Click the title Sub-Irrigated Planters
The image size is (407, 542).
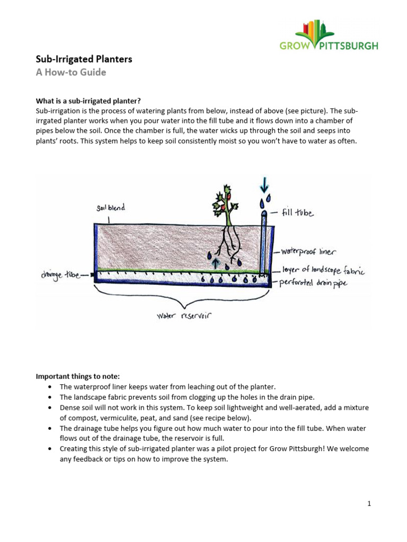click(x=84, y=59)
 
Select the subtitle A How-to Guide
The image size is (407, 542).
click(x=70, y=73)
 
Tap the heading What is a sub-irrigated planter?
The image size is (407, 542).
click(x=88, y=101)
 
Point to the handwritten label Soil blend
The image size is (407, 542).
click(x=111, y=208)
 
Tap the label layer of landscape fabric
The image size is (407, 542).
click(x=323, y=270)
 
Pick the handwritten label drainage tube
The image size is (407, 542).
click(x=61, y=275)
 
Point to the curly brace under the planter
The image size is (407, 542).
click(x=183, y=297)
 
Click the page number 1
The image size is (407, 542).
click(x=369, y=503)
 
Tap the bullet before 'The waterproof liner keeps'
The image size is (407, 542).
click(x=49, y=387)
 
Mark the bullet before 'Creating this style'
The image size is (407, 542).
click(x=49, y=448)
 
